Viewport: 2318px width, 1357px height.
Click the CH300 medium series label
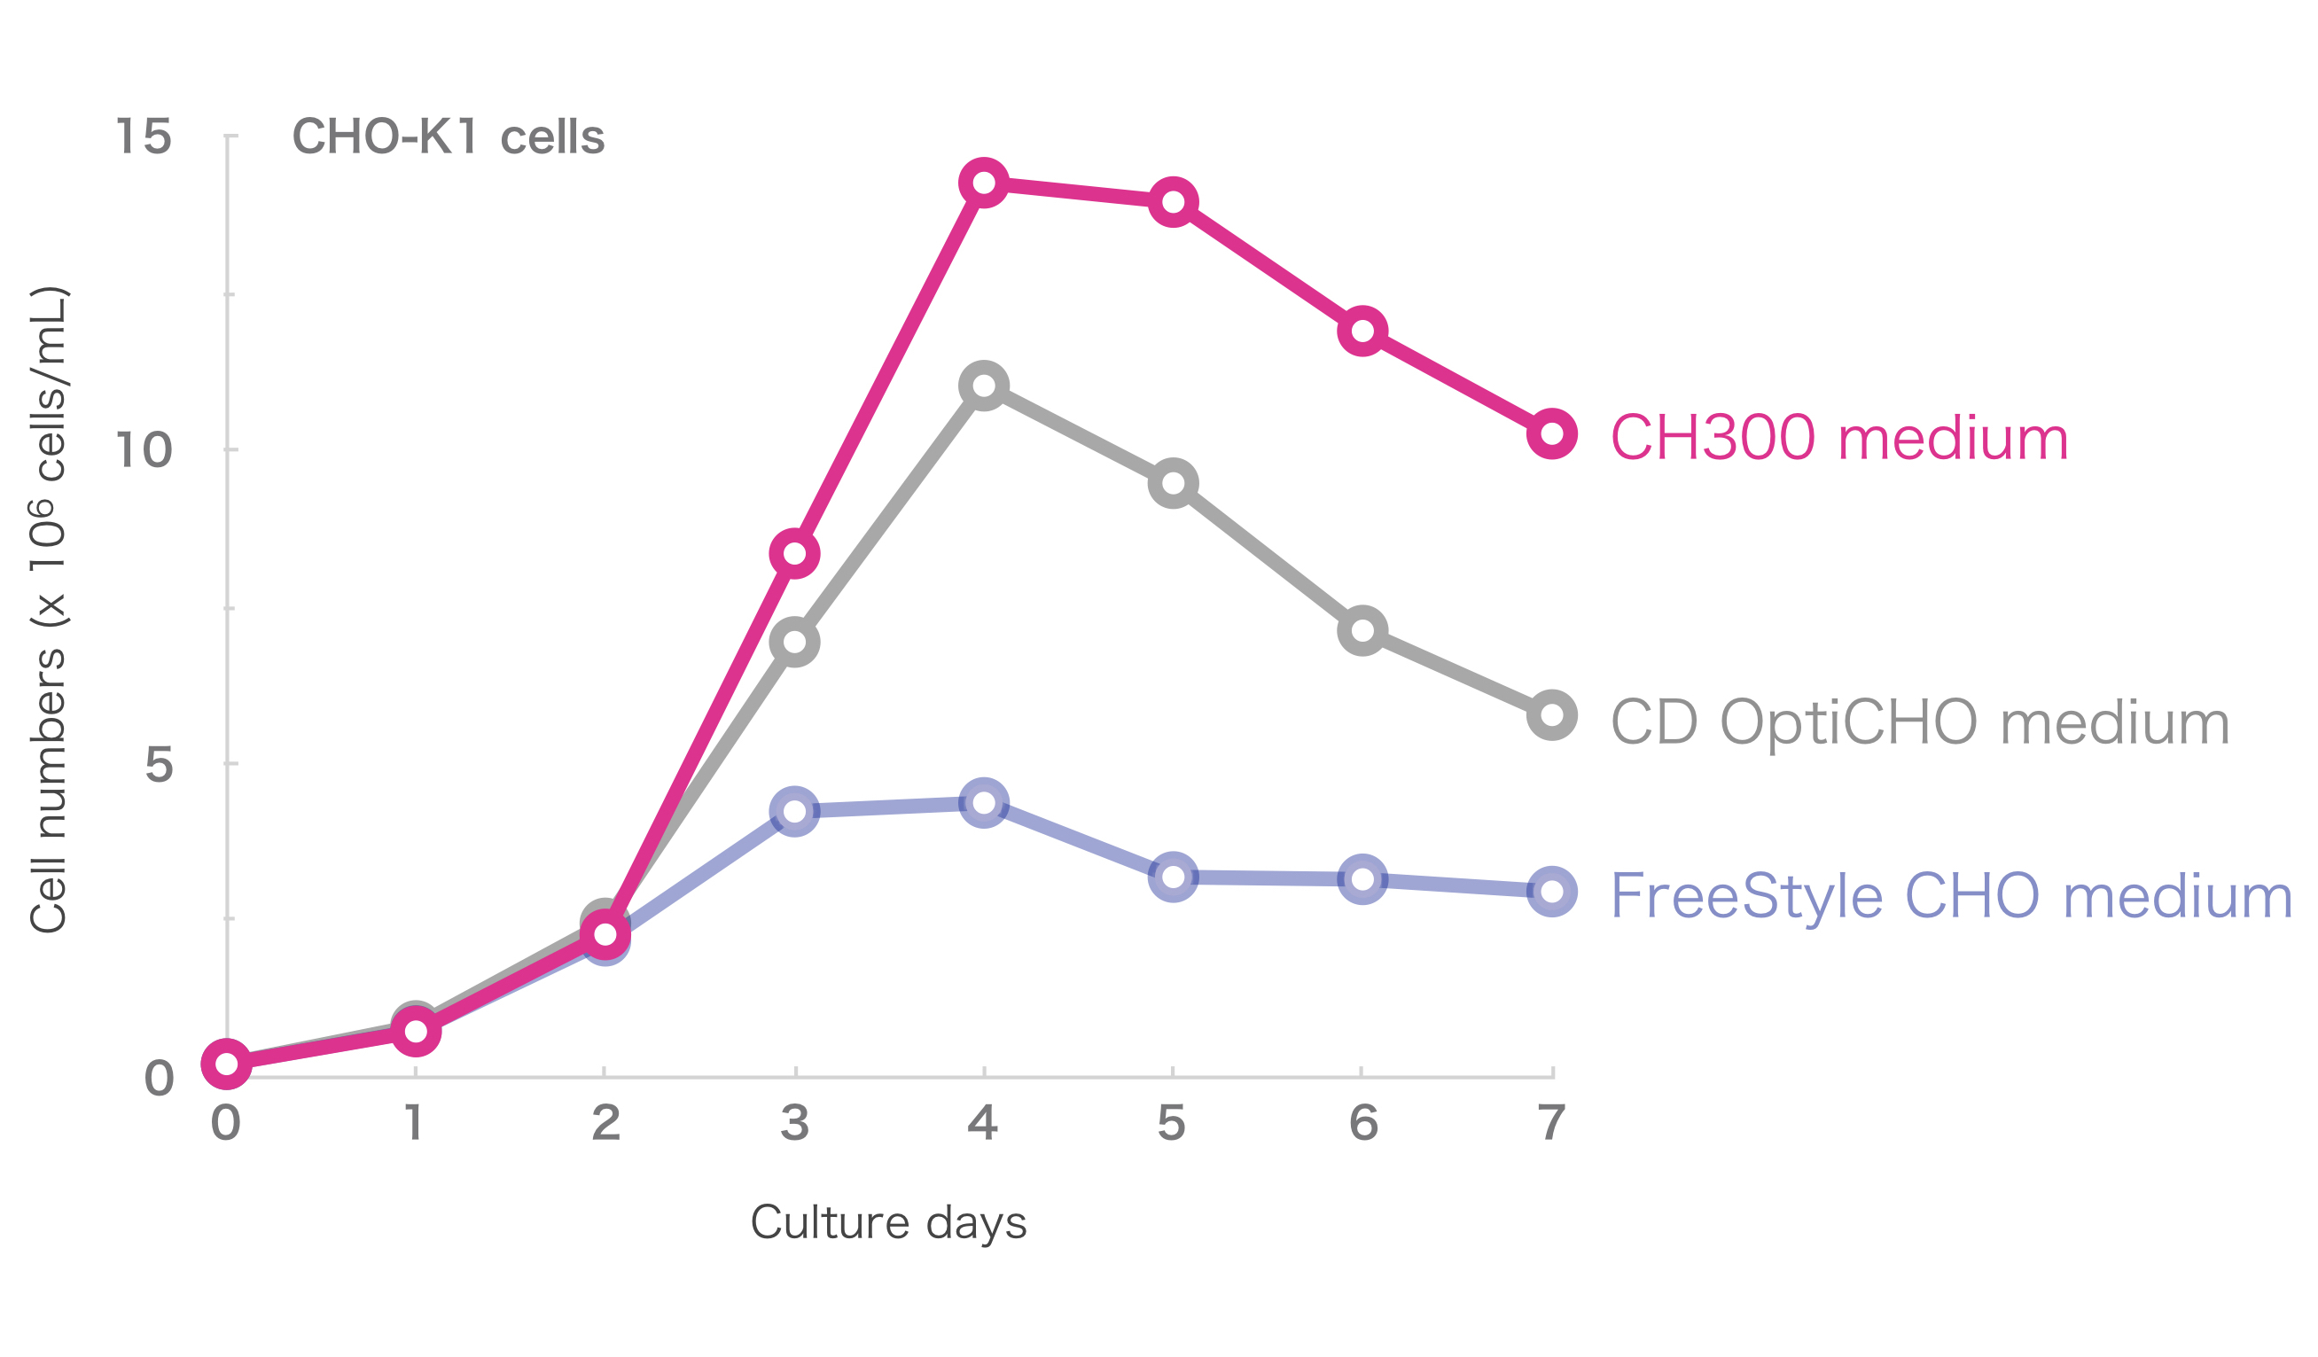coord(1838,438)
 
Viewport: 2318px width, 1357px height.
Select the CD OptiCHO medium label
coord(1920,722)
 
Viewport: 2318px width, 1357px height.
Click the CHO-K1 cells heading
coord(448,137)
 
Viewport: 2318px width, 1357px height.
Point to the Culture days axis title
coord(887,1222)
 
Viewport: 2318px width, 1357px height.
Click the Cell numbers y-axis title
coord(48,610)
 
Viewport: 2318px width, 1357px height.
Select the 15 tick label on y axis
coord(144,137)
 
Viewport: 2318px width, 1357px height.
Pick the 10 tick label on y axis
coord(144,451)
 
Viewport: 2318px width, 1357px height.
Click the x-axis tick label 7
coord(1552,1122)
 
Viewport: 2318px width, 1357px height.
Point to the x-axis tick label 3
coord(795,1122)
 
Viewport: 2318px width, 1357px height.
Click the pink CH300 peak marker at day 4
coord(983,183)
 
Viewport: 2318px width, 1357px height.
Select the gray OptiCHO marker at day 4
coord(983,386)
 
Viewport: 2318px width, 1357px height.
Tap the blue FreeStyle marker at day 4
coord(983,803)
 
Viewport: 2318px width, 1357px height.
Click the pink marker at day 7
coord(1552,434)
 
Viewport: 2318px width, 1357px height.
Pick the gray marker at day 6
coord(1362,631)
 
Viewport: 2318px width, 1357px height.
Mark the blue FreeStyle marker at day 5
coord(1173,877)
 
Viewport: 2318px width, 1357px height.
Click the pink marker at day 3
coord(794,554)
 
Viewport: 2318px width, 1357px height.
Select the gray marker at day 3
coord(794,643)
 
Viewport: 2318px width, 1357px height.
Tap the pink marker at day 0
coord(226,1065)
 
